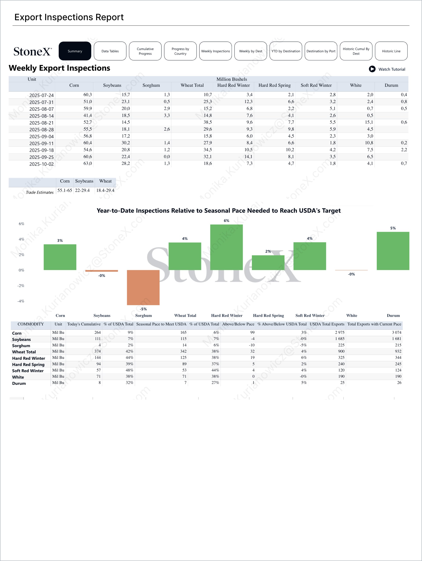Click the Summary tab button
click(x=75, y=51)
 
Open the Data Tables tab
click(x=110, y=51)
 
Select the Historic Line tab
click(x=391, y=51)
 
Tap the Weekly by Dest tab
click(x=251, y=51)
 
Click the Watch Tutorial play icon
click(x=372, y=69)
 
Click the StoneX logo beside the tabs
click(x=33, y=51)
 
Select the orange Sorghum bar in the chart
click(x=143, y=287)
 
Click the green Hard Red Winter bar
click(x=226, y=247)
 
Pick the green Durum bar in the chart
click(x=393, y=251)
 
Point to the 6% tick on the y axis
click(x=22, y=224)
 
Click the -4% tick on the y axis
click(x=21, y=301)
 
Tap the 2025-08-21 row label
click(x=41, y=123)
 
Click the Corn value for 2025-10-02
click(x=87, y=163)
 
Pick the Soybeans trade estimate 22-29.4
click(x=82, y=190)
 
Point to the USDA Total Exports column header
click(x=327, y=324)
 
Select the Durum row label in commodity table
click(x=19, y=383)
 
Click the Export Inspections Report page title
click(x=69, y=17)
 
